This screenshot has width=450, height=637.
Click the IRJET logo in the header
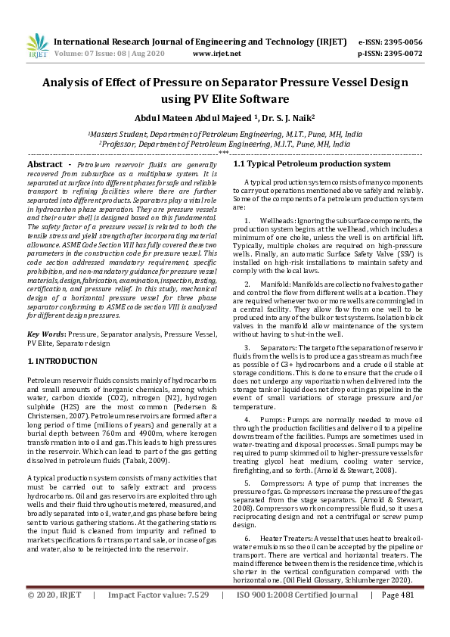click(37, 46)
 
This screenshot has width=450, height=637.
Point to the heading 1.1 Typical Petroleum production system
click(301, 163)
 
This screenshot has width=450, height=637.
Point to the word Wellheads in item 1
click(278, 220)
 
